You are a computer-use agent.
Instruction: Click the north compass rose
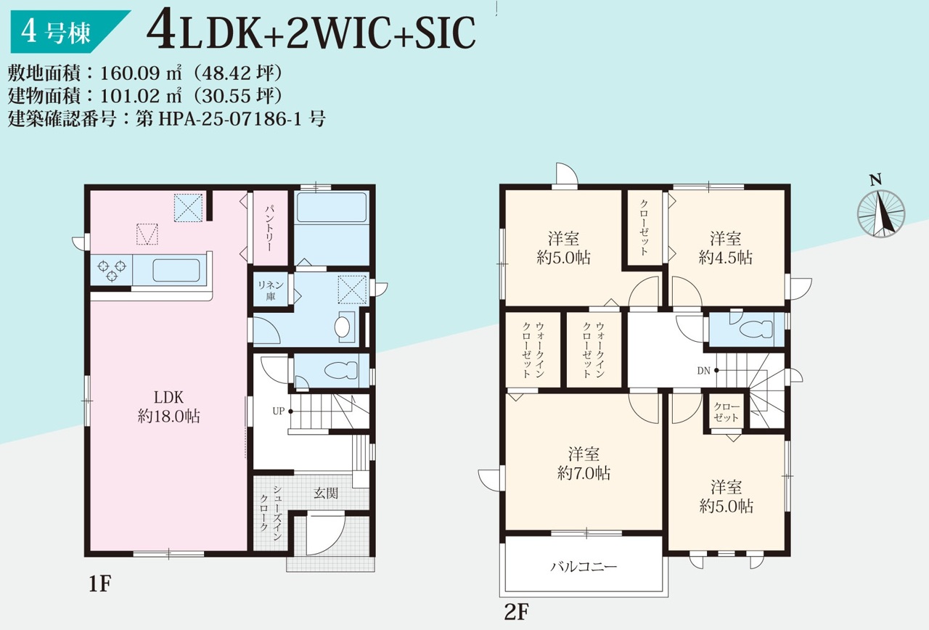click(x=881, y=213)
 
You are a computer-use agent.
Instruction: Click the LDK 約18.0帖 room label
click(x=169, y=406)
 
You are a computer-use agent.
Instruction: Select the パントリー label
click(x=269, y=228)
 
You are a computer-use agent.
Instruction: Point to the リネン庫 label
click(x=271, y=290)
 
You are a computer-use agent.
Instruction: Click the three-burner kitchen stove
click(x=112, y=270)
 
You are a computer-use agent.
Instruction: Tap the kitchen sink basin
click(x=176, y=271)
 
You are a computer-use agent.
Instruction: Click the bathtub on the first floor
click(x=332, y=208)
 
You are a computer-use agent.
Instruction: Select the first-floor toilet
click(x=341, y=370)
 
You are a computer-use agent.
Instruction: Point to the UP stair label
click(x=278, y=411)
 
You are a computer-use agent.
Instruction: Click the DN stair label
click(x=704, y=370)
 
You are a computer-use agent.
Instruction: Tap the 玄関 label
click(x=326, y=493)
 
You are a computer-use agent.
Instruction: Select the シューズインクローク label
click(x=271, y=512)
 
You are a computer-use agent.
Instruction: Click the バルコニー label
click(x=584, y=567)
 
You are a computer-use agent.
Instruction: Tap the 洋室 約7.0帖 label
click(x=584, y=463)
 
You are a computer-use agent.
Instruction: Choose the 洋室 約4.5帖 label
click(x=725, y=248)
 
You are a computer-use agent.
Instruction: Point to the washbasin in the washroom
click(x=343, y=327)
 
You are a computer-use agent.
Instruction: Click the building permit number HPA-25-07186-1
click(x=230, y=120)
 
